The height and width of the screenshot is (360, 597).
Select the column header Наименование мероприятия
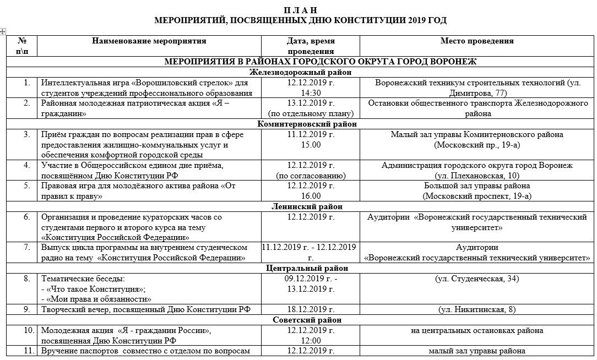(149, 41)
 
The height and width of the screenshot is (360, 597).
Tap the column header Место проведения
(477, 41)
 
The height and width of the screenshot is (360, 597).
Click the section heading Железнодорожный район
(300, 72)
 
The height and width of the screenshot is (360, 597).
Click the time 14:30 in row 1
(311, 93)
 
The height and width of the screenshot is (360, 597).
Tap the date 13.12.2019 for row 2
(311, 103)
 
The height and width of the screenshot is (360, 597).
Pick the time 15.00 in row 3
(311, 145)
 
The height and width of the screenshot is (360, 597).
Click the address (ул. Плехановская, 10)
(477, 176)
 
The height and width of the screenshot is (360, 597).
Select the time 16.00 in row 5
(311, 196)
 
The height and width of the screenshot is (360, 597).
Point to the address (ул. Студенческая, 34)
(477, 279)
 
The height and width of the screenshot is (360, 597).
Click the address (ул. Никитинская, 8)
(477, 309)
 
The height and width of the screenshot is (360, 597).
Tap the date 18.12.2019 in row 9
(311, 309)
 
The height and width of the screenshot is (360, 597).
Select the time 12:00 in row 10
(311, 341)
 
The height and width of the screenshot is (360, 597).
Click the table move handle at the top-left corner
(3, 31)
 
